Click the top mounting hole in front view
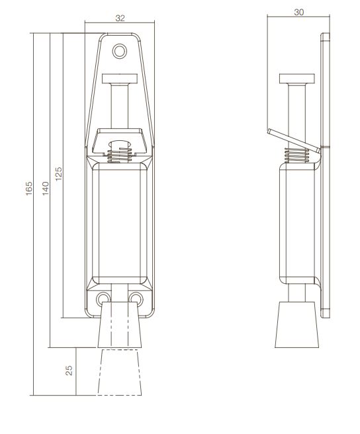(120, 50)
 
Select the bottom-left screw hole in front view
(103, 296)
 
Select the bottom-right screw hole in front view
(136, 296)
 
